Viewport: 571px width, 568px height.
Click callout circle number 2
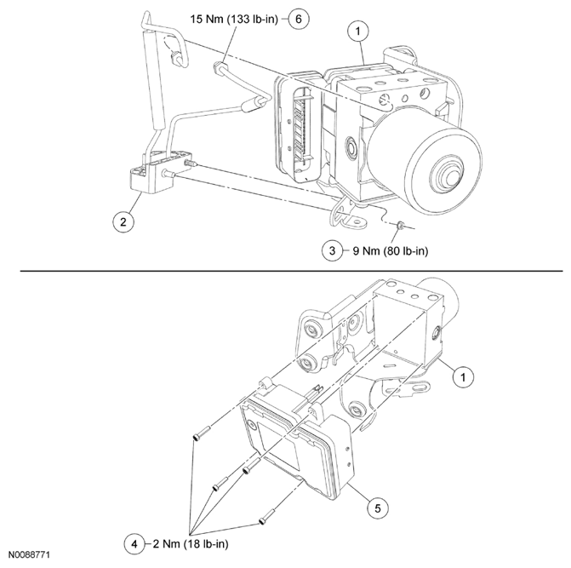tap(124, 222)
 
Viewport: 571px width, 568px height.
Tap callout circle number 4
tap(133, 542)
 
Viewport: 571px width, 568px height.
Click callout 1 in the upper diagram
tap(359, 32)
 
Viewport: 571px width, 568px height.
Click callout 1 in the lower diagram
tap(463, 374)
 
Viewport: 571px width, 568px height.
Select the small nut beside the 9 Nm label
tap(397, 226)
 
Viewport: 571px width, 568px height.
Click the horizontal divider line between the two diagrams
tap(285, 271)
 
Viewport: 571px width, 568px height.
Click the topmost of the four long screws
tap(198, 433)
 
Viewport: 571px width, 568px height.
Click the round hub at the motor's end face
tap(445, 176)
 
